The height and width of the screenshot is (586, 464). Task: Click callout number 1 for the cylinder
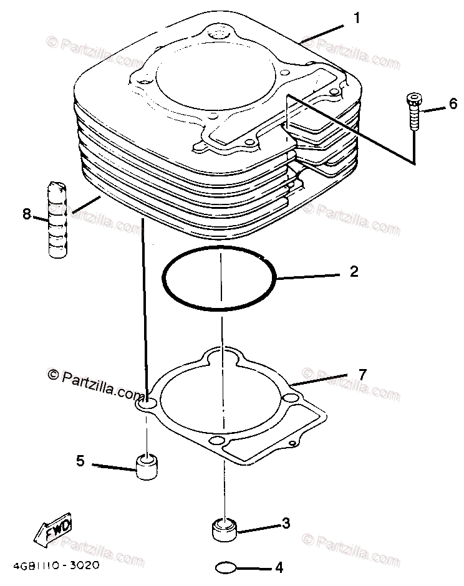point(356,19)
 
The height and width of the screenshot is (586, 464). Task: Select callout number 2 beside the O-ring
point(354,272)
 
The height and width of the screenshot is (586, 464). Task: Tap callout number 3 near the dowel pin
point(286,524)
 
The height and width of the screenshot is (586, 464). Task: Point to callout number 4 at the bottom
point(279,568)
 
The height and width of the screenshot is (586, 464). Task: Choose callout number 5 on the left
point(80,461)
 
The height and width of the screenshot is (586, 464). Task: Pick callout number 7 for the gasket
point(362,375)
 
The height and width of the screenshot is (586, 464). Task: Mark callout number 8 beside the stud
point(26,214)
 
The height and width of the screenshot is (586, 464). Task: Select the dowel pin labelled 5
point(147,467)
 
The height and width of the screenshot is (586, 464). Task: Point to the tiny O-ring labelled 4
point(225,568)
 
